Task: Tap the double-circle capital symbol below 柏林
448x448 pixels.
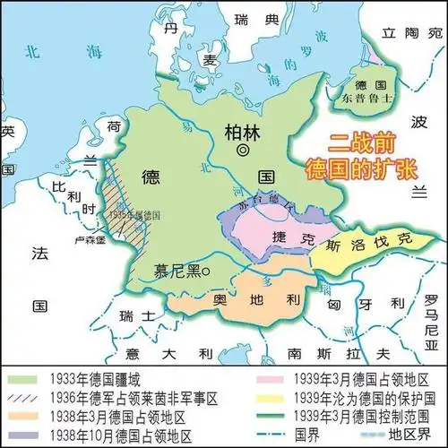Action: pyautogui.click(x=241, y=152)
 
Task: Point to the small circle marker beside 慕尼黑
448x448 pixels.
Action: pyautogui.click(x=205, y=270)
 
